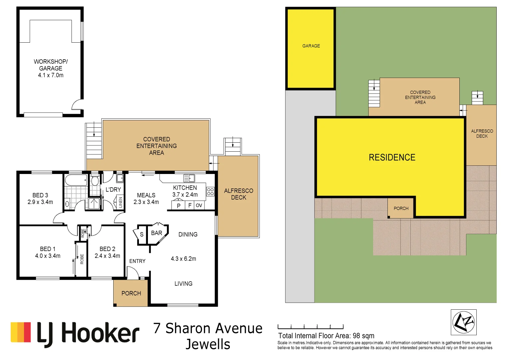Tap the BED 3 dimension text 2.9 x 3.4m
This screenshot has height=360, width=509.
40,202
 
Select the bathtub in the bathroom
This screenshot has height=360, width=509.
76,180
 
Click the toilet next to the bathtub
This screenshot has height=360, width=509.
95,180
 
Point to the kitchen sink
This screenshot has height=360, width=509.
189,178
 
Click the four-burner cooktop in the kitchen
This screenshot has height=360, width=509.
210,191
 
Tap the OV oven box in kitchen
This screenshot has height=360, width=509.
199,205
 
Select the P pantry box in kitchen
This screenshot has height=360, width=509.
179,206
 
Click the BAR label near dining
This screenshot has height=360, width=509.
157,233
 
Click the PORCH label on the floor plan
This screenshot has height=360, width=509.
131,293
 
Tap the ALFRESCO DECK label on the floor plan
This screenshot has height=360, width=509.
239,194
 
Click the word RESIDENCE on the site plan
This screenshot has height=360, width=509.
392,157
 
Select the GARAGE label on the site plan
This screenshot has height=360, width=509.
311,46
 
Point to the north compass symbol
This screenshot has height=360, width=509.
463,322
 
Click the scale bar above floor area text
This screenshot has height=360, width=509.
310,327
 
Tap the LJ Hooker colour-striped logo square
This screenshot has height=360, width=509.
21,332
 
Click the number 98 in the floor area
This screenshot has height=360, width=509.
357,336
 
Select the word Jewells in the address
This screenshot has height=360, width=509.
208,344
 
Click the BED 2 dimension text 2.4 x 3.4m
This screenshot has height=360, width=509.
107,256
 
